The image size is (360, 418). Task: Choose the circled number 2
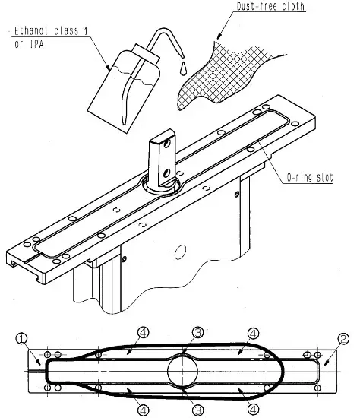point(343,338)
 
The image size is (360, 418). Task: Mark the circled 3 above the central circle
point(196,333)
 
